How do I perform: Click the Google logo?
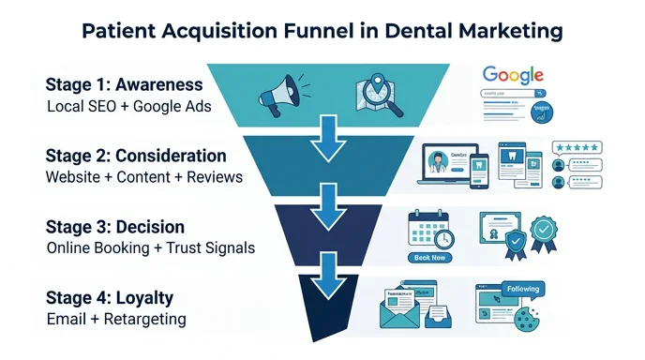[514, 77]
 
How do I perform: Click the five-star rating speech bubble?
[577, 147]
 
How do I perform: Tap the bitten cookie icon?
[532, 315]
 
